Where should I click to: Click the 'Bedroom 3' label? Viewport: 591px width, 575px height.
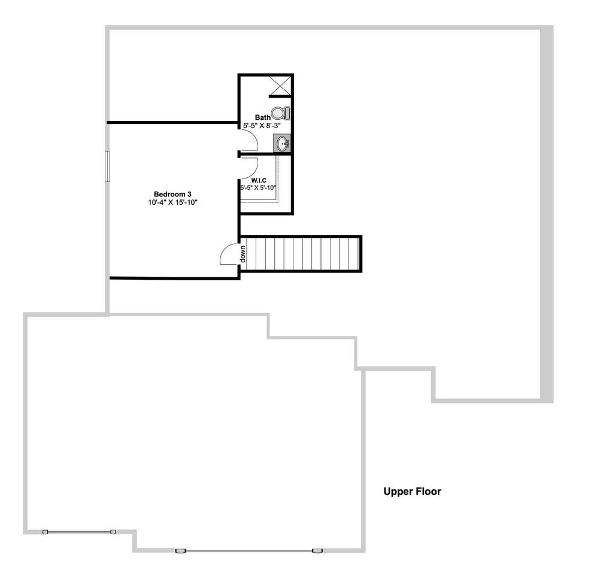click(172, 194)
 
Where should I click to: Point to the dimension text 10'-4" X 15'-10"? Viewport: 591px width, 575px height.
click(172, 203)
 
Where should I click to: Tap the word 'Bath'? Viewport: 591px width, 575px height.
click(262, 117)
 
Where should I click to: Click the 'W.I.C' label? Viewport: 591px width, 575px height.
click(259, 179)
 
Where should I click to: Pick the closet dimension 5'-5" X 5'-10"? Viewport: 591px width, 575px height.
click(258, 187)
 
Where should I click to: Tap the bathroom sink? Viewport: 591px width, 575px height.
click(283, 144)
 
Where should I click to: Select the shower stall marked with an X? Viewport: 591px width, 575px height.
click(280, 85)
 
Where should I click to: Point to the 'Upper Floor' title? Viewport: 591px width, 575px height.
click(412, 492)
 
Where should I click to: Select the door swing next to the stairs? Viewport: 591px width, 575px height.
click(230, 255)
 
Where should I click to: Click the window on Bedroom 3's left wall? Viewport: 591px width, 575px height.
click(108, 166)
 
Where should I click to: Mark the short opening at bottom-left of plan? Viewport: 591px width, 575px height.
click(79, 531)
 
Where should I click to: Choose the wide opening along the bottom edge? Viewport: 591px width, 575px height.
click(248, 550)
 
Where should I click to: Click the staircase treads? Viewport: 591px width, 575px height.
click(302, 255)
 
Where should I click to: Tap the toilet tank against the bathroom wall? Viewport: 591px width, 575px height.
click(287, 113)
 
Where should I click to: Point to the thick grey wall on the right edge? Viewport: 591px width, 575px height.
click(547, 216)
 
